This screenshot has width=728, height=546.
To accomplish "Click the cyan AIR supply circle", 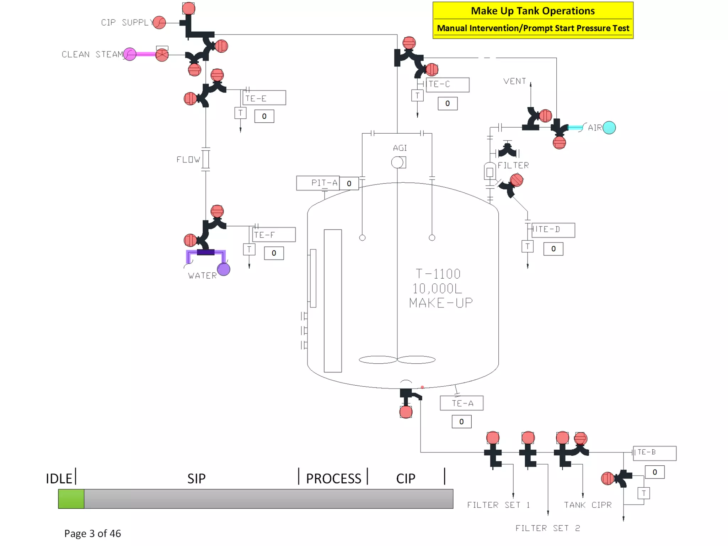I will coord(609,128).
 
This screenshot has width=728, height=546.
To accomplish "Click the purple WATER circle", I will coord(224,269).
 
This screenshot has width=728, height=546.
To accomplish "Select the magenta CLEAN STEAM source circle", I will coord(130,54).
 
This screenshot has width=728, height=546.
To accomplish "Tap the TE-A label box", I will coord(461,403).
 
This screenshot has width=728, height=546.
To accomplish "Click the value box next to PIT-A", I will coord(349,183).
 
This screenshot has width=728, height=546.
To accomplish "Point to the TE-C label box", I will coord(447,85).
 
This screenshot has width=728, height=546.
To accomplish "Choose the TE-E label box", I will coord(264,98).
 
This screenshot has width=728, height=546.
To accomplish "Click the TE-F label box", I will coord(274,235).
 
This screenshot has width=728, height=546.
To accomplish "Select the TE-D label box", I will coord(553,230).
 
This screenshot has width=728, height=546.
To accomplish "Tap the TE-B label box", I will coord(654,453).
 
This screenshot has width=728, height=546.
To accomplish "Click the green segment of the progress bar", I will coord(71,499).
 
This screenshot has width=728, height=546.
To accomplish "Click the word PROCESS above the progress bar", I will coord(333,478).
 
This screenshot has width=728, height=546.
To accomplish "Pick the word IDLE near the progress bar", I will coord(59,478).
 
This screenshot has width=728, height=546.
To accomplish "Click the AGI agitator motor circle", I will coord(397,162).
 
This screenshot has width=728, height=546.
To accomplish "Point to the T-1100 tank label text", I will coord(438,274).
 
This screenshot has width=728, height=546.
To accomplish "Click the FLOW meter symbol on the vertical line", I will coord(205,159).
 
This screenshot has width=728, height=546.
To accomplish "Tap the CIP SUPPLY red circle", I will coord(159,22).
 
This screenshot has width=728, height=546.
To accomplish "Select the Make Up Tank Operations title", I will coord(532,11).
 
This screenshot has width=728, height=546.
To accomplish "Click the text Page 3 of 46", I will coord(92,533).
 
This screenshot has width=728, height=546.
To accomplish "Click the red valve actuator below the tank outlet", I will coord(406,412).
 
